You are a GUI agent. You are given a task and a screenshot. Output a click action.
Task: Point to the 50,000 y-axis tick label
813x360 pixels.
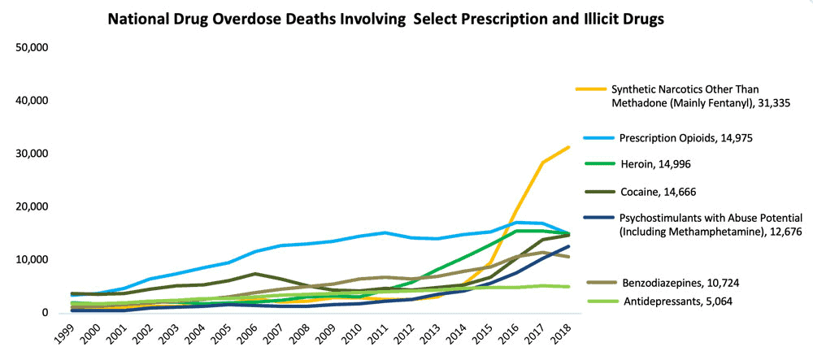coord(33,47)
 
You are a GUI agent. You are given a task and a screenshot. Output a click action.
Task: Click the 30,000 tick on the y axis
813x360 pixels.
coord(33,154)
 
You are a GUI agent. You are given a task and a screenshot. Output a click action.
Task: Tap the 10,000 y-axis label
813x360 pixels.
coord(33,260)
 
